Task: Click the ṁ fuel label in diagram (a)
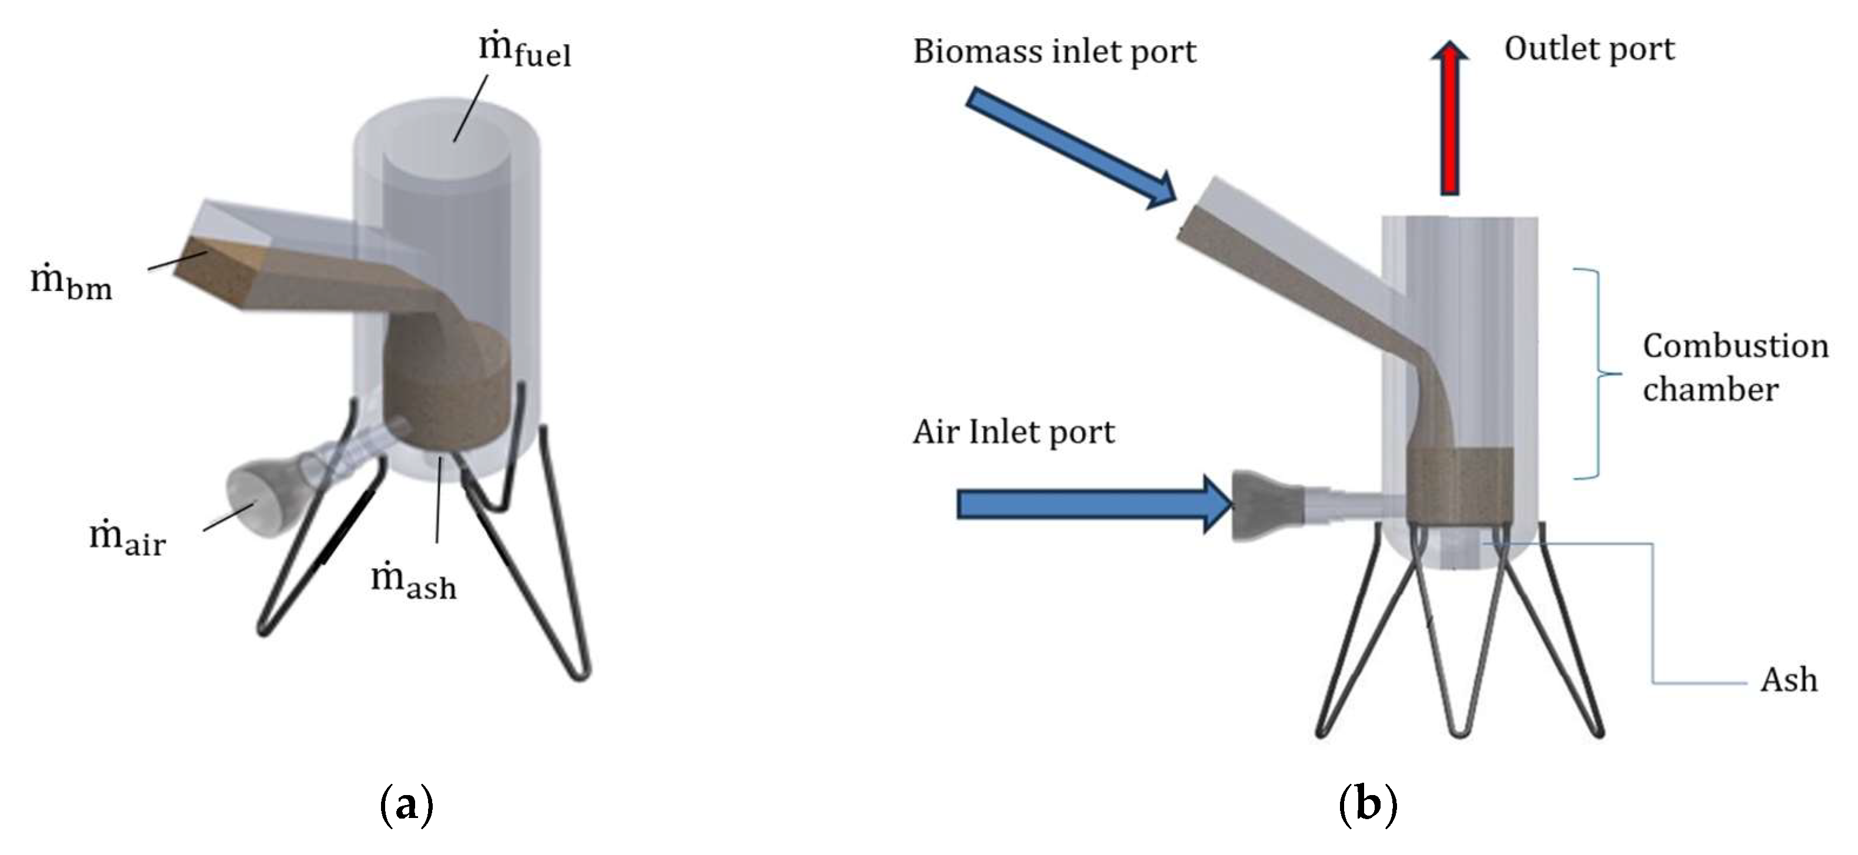tap(525, 50)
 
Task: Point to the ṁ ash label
tap(413, 582)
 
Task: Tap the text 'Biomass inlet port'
tap(1054, 52)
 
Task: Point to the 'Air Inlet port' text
tap(1014, 432)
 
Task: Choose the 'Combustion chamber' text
tap(1735, 368)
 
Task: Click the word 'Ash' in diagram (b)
tap(1788, 680)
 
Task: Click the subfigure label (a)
tap(406, 804)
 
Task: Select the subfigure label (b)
tap(1368, 804)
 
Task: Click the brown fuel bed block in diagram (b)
tap(1459, 483)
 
